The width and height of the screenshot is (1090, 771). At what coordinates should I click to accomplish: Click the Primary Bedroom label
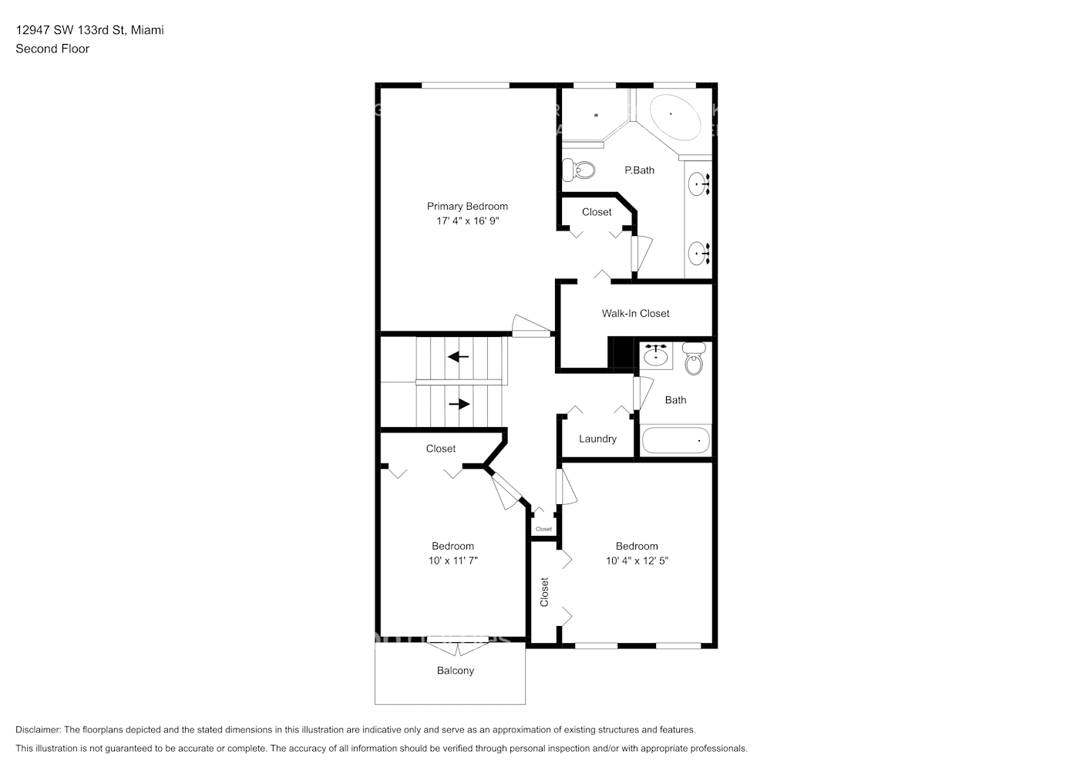[x=467, y=206]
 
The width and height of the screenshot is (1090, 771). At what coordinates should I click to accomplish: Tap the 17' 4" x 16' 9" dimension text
[x=467, y=221]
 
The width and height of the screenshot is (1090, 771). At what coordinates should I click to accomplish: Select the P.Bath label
[x=639, y=170]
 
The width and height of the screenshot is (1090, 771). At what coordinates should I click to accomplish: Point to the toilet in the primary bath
[x=579, y=169]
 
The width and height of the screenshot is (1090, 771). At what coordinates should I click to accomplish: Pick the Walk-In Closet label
[x=635, y=313]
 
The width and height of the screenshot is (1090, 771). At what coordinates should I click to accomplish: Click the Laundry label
[x=597, y=439]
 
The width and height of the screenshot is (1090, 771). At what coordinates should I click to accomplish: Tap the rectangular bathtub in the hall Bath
[x=675, y=440]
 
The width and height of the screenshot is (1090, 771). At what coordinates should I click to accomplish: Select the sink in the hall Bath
[x=656, y=355]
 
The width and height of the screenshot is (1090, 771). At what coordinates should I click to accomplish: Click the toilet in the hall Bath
[x=694, y=359]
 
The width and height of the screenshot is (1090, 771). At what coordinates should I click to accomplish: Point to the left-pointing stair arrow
[x=459, y=357]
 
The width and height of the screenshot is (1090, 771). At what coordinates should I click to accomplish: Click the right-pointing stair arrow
[x=459, y=404]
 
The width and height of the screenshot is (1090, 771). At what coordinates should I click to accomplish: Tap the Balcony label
[x=455, y=671]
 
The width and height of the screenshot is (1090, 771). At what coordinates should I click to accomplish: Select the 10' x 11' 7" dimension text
[x=452, y=561]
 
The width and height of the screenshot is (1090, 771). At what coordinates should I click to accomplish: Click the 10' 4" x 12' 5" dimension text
[x=637, y=561]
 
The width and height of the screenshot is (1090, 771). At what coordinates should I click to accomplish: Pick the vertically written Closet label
[x=544, y=592]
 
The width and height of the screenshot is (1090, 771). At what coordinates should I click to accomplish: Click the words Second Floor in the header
[x=52, y=49]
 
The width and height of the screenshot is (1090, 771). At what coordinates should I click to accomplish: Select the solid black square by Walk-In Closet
[x=620, y=352]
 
